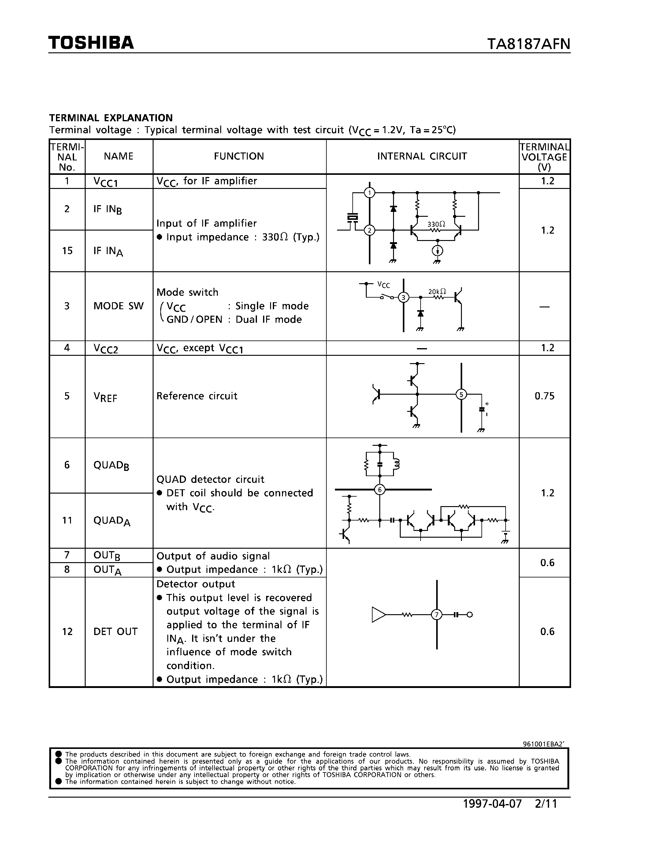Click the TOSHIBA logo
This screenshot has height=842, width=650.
click(91, 43)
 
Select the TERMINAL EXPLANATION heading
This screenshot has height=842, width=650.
click(111, 118)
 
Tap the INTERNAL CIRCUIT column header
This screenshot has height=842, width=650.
click(422, 156)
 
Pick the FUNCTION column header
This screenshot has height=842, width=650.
click(239, 156)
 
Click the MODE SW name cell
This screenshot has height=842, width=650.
click(118, 306)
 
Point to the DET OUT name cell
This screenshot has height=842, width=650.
click(116, 631)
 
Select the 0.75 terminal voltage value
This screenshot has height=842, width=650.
click(544, 396)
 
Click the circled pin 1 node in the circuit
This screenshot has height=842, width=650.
click(370, 193)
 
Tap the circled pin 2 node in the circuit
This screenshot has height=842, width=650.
click(370, 231)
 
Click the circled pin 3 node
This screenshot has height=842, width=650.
click(403, 297)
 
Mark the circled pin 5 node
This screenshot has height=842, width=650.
click(461, 394)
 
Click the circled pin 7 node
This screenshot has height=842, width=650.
click(437, 615)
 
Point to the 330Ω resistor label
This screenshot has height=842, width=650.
click(436, 224)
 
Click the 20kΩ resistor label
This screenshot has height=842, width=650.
click(437, 291)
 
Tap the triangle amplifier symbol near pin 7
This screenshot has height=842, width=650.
click(378, 615)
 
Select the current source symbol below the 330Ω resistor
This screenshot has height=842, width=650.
click(437, 251)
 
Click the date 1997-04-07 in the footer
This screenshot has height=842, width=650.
click(492, 803)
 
